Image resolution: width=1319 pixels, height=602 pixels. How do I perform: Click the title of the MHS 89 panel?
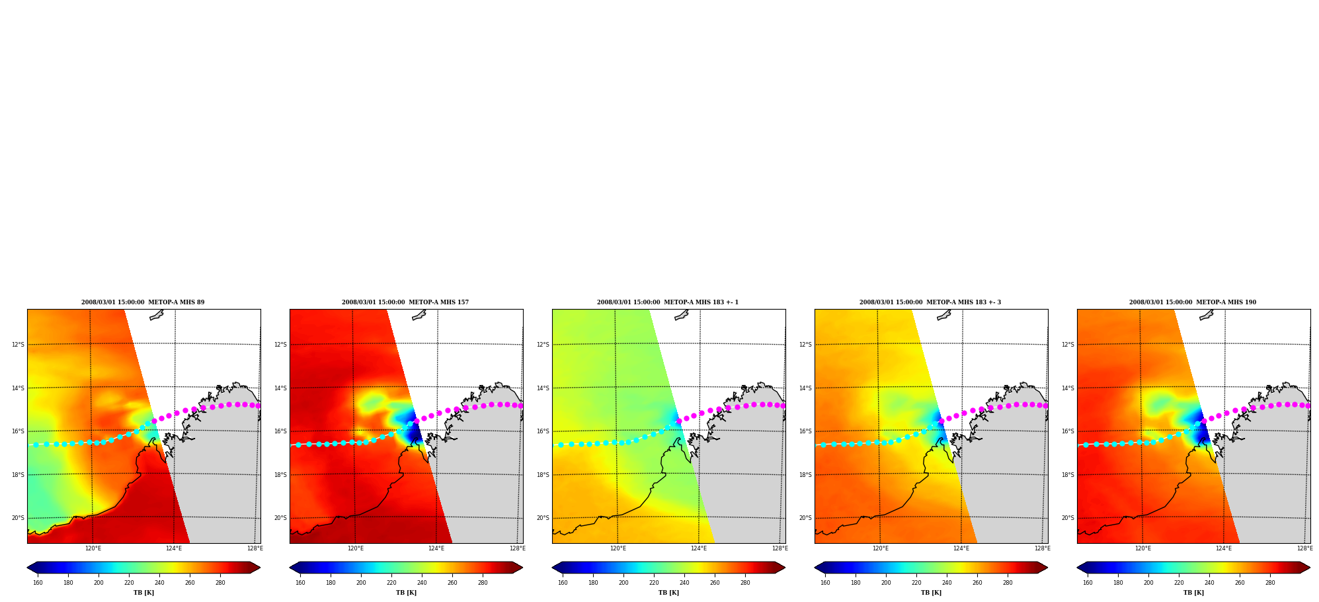pos(143,302)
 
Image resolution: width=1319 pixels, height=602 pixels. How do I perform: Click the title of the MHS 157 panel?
pos(405,302)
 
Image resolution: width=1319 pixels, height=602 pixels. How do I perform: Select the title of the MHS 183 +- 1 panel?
pos(668,302)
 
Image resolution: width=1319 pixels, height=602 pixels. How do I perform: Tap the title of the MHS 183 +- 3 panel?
pos(930,302)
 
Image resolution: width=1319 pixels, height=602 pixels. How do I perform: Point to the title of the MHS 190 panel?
pos(1193,302)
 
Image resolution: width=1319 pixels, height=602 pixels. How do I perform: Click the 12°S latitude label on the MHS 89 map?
pos(18,345)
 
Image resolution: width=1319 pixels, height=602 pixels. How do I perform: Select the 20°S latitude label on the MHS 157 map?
pos(280,518)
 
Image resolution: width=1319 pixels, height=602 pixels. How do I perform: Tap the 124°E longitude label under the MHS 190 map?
pos(1224,548)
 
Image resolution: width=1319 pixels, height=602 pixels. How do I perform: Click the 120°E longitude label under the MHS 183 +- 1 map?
pos(618,548)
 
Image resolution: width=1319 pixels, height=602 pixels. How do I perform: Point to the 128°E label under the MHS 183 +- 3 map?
pos(1042,548)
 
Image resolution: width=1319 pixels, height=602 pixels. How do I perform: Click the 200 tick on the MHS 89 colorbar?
pos(99,583)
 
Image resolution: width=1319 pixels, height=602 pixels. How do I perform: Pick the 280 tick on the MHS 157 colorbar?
pos(483,583)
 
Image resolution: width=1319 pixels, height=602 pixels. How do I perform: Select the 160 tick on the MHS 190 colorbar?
pos(1088,583)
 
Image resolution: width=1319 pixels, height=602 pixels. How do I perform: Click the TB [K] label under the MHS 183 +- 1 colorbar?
pos(668,593)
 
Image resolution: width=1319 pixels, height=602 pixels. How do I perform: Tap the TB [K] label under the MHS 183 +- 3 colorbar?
pos(931,593)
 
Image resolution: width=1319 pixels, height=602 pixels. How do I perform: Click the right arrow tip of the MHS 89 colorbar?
pos(260,568)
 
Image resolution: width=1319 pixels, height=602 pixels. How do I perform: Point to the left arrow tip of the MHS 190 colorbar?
pos(1077,568)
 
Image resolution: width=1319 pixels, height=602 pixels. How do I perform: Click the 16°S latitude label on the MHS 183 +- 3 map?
pos(805,431)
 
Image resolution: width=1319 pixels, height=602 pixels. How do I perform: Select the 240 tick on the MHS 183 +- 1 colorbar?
pos(684,583)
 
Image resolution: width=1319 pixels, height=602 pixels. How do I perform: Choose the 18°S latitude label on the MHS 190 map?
pos(1068,475)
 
